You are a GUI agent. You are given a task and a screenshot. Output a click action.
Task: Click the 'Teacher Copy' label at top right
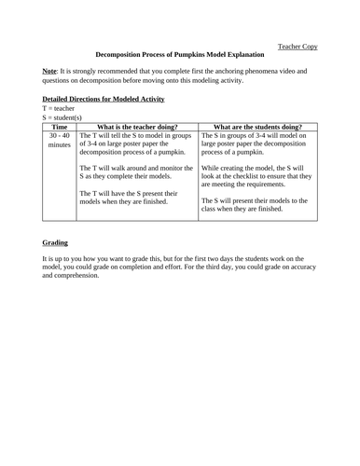click(298, 43)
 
